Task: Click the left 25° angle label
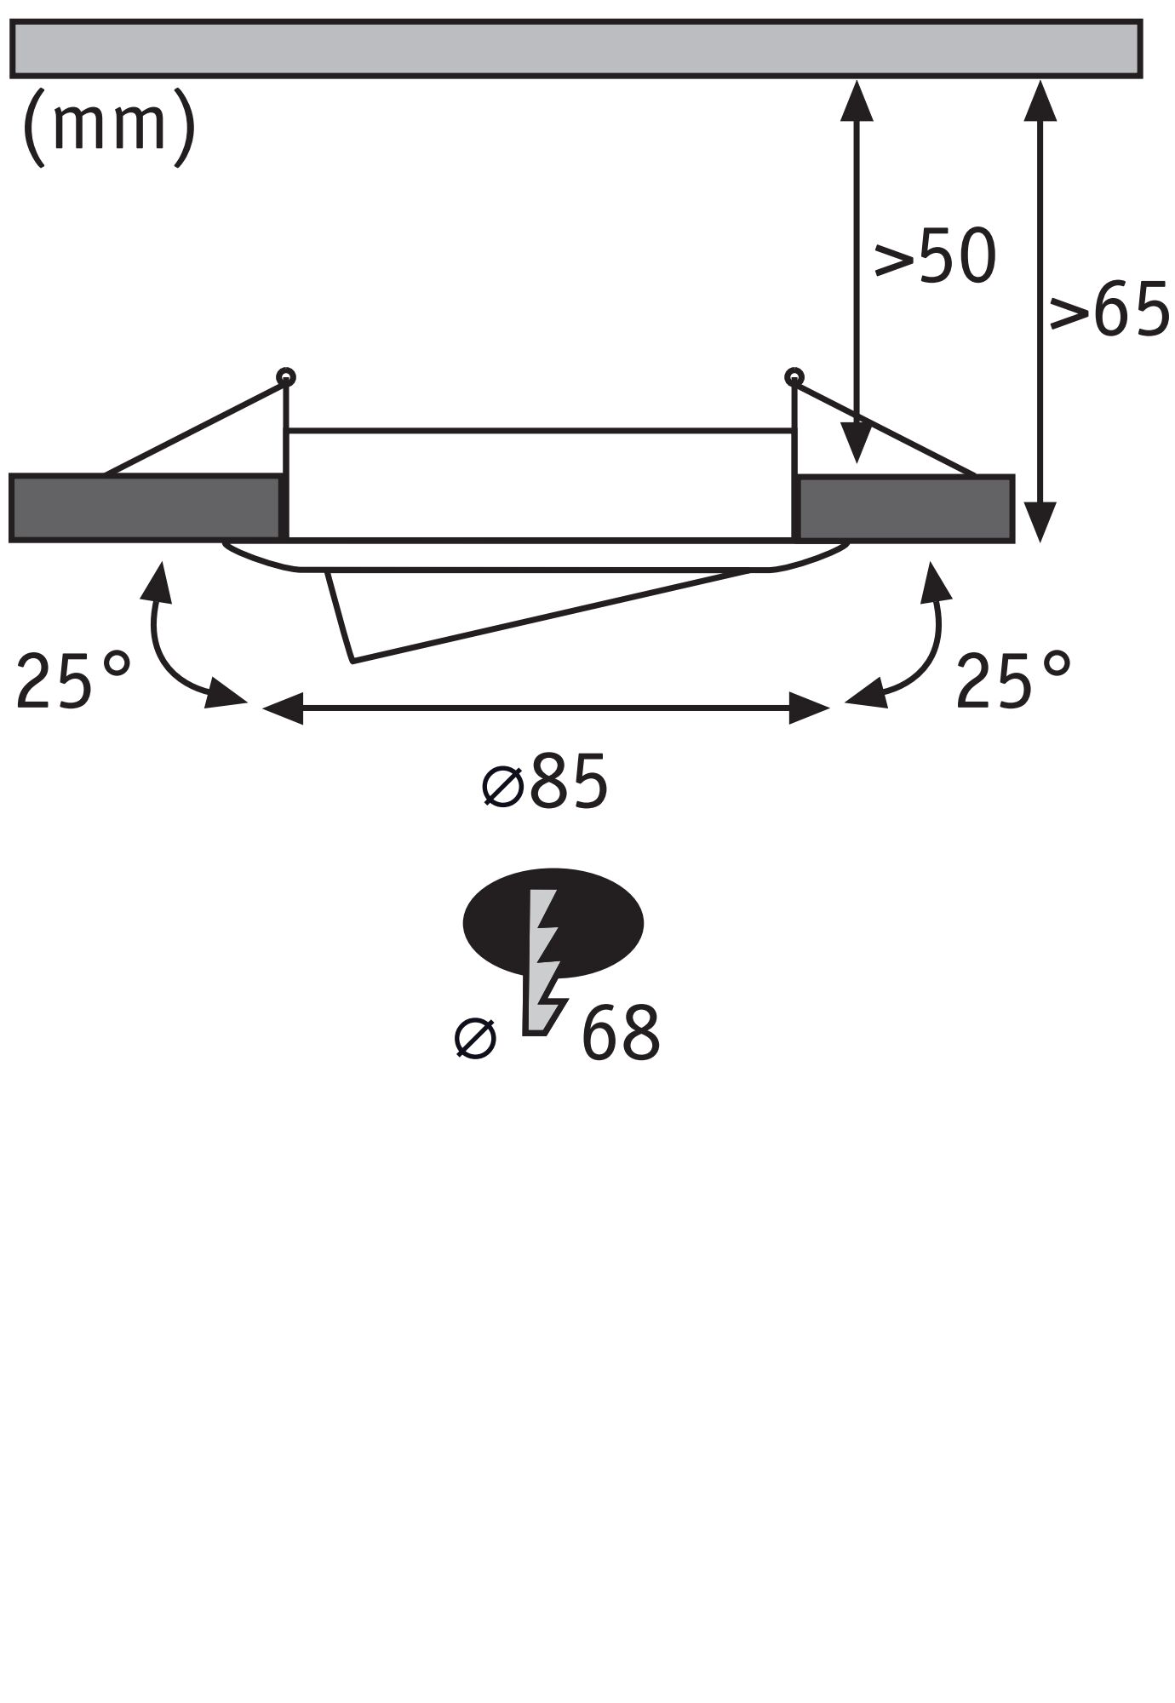coord(73,681)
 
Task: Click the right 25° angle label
coord(1012,681)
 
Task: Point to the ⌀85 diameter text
coord(545,782)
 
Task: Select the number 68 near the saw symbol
coord(621,1034)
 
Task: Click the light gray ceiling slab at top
coord(576,49)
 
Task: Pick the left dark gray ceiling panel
coord(145,508)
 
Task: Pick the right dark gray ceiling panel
coord(906,508)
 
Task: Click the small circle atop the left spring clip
coord(287,376)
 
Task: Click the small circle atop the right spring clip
coord(794,376)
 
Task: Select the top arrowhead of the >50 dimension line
coord(857,97)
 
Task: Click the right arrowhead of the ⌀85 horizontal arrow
coord(808,708)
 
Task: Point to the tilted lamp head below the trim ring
coord(477,613)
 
